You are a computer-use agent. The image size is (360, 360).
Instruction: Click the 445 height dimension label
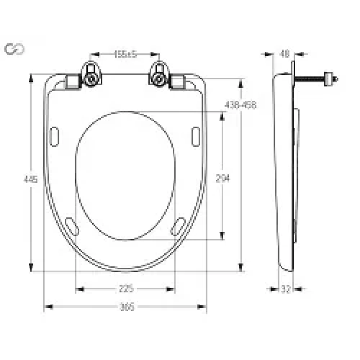pos(30,179)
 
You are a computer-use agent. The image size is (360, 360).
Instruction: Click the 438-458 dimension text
pos(240,105)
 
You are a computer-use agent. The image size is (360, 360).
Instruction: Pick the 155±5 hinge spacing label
pos(125,54)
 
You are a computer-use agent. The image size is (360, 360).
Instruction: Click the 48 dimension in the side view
pos(284,54)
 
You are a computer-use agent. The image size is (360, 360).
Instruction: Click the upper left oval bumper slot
pos(54,136)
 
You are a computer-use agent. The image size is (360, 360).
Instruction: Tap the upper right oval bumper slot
pos(196,136)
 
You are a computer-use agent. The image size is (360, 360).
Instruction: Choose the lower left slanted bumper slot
pos(72,226)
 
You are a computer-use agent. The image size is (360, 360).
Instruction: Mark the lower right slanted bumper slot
pos(178,226)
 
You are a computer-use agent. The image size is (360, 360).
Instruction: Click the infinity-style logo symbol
pos(14,49)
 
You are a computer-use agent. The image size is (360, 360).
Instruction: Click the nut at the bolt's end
pos(333,80)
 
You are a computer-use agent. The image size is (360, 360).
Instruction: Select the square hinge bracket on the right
pos(178,82)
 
